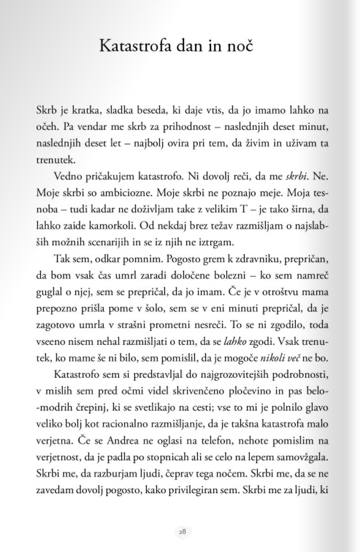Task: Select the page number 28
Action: [182, 532]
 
